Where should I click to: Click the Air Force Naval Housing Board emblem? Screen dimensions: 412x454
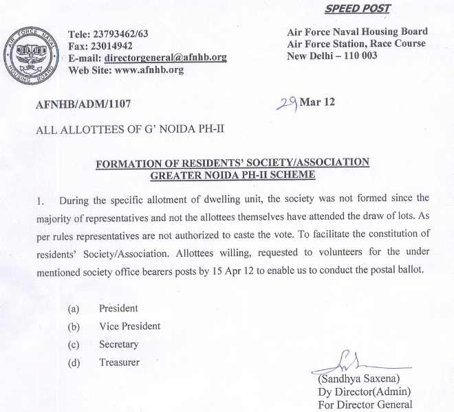(x=30, y=52)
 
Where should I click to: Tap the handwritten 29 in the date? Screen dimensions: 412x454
(x=285, y=103)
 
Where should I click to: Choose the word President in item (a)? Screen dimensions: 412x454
(x=118, y=309)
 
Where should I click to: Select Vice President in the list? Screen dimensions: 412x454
(x=129, y=326)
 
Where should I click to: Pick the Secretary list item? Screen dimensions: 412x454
(x=118, y=344)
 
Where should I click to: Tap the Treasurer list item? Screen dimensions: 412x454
(x=119, y=362)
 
